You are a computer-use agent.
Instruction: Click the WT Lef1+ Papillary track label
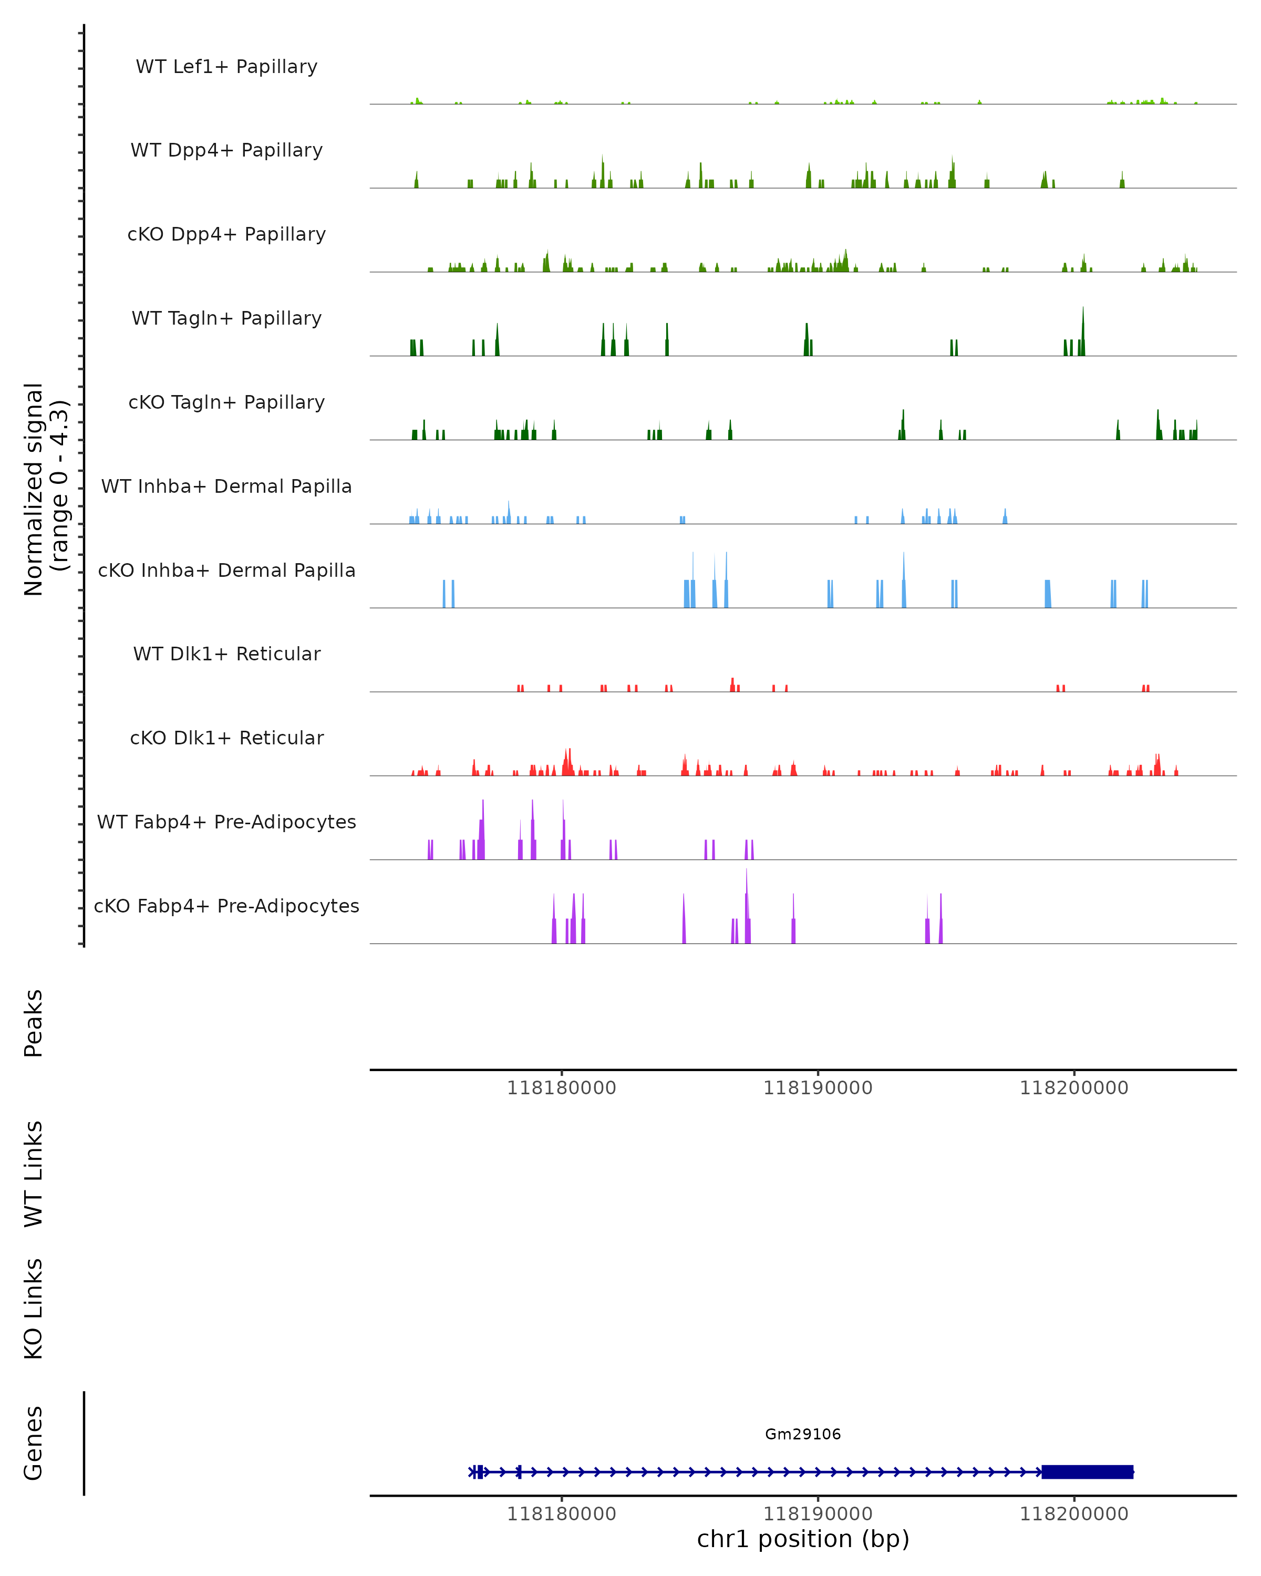coord(226,67)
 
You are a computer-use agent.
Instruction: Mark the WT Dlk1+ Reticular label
coord(226,654)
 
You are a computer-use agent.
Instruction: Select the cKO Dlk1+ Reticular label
coord(226,738)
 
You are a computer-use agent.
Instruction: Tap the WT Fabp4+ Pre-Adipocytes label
coord(226,822)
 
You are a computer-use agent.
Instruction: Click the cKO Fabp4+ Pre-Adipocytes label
coord(226,906)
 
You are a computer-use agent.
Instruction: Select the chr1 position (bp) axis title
coord(803,1539)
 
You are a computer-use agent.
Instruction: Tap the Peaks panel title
coord(34,1023)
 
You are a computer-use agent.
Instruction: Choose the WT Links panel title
coord(34,1173)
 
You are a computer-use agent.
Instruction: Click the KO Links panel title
coord(34,1309)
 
